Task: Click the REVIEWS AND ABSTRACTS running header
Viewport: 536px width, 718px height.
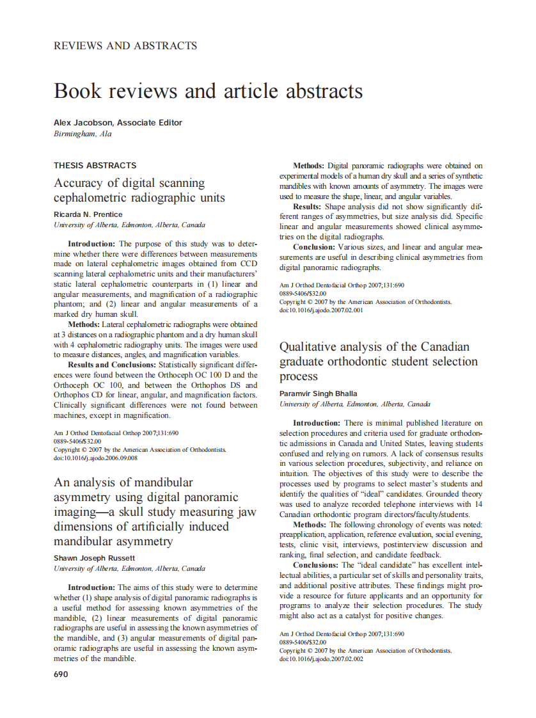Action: (125, 45)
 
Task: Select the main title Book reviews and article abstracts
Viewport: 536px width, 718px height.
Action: (209, 91)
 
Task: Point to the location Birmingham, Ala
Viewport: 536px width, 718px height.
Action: (83, 134)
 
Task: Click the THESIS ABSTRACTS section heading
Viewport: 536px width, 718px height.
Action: (95, 165)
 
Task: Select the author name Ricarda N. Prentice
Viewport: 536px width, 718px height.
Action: (88, 214)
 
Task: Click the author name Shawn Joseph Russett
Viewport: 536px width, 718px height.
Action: (94, 558)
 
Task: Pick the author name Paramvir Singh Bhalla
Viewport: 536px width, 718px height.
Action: (319, 394)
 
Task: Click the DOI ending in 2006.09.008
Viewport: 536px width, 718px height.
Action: (95, 458)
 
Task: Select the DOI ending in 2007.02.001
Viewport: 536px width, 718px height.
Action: (321, 310)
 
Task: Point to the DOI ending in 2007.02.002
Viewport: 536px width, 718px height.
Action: (321, 658)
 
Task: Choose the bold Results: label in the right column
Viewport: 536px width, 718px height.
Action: (308, 207)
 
